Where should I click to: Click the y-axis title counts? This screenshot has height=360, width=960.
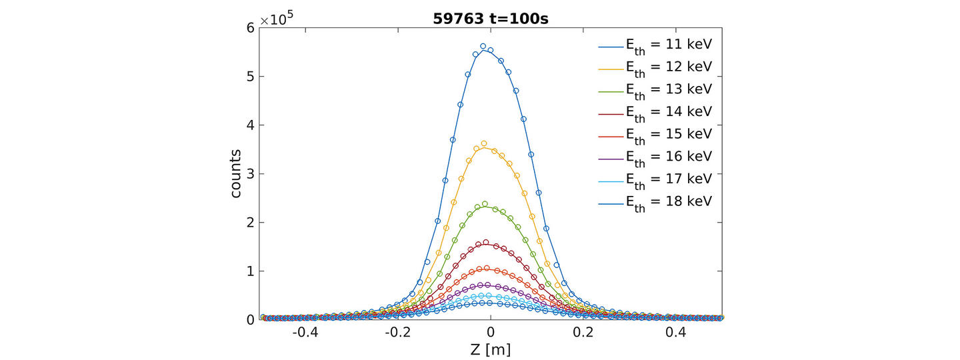237,173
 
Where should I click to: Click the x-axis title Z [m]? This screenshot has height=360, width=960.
490,348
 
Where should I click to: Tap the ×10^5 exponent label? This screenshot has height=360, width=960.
275,19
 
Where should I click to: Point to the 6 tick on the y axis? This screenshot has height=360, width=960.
250,27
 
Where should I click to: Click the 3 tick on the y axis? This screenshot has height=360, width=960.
250,173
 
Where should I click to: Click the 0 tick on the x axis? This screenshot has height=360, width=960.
490,332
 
